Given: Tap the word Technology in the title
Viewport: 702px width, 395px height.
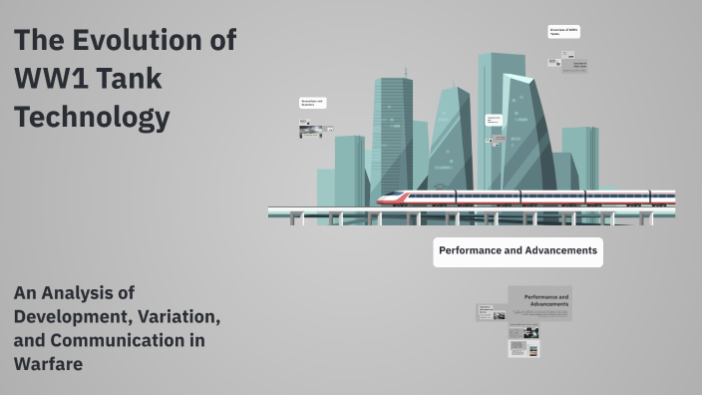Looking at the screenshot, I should pyautogui.click(x=92, y=118).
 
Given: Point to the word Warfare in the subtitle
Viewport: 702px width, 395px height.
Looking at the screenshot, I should pyautogui.click(x=48, y=363).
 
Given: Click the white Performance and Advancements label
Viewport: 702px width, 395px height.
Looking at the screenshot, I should pyautogui.click(x=518, y=250).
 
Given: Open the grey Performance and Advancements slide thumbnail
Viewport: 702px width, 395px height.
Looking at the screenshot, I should pyautogui.click(x=539, y=303).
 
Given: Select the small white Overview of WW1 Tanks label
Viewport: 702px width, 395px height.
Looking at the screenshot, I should pyautogui.click(x=563, y=32).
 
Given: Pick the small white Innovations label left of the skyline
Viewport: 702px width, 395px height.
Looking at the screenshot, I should pyautogui.click(x=313, y=103).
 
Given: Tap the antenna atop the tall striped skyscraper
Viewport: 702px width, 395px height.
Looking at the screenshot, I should pyautogui.click(x=406, y=73).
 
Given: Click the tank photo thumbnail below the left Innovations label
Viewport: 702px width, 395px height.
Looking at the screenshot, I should pyautogui.click(x=309, y=130).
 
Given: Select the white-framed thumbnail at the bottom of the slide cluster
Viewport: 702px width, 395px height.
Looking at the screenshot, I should pyautogui.click(x=525, y=349).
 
